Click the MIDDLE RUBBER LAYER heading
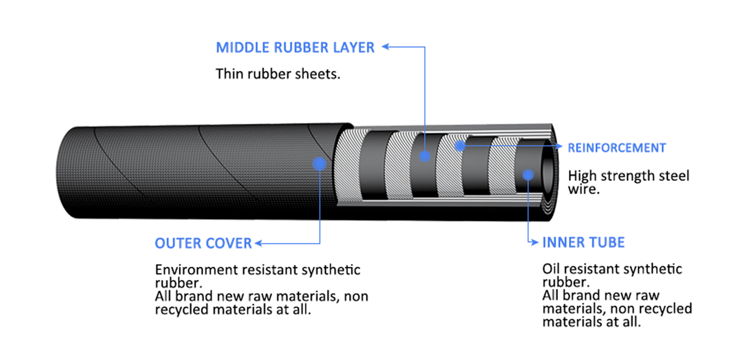tap(295, 47)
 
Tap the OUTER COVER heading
tap(203, 243)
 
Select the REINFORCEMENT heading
tap(616, 148)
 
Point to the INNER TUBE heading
tap(583, 242)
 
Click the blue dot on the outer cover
tap(319, 164)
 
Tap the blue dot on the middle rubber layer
tap(425, 156)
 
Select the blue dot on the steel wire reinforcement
tap(460, 146)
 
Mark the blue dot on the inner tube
tap(528, 175)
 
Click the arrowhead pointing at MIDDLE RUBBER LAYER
tap(386, 46)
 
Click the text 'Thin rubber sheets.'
tap(277, 74)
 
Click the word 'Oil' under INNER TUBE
tap(551, 269)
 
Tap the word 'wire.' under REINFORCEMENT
tap(584, 189)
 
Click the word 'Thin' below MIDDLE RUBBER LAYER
tap(229, 74)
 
